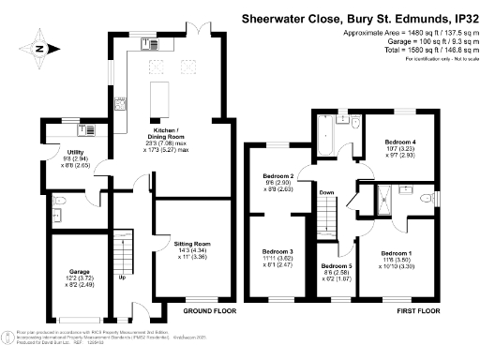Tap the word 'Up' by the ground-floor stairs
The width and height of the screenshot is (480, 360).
click(x=123, y=277)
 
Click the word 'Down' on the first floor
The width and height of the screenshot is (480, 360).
click(x=327, y=193)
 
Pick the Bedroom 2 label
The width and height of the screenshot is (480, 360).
click(x=279, y=176)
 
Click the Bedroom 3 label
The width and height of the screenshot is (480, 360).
click(x=278, y=253)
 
